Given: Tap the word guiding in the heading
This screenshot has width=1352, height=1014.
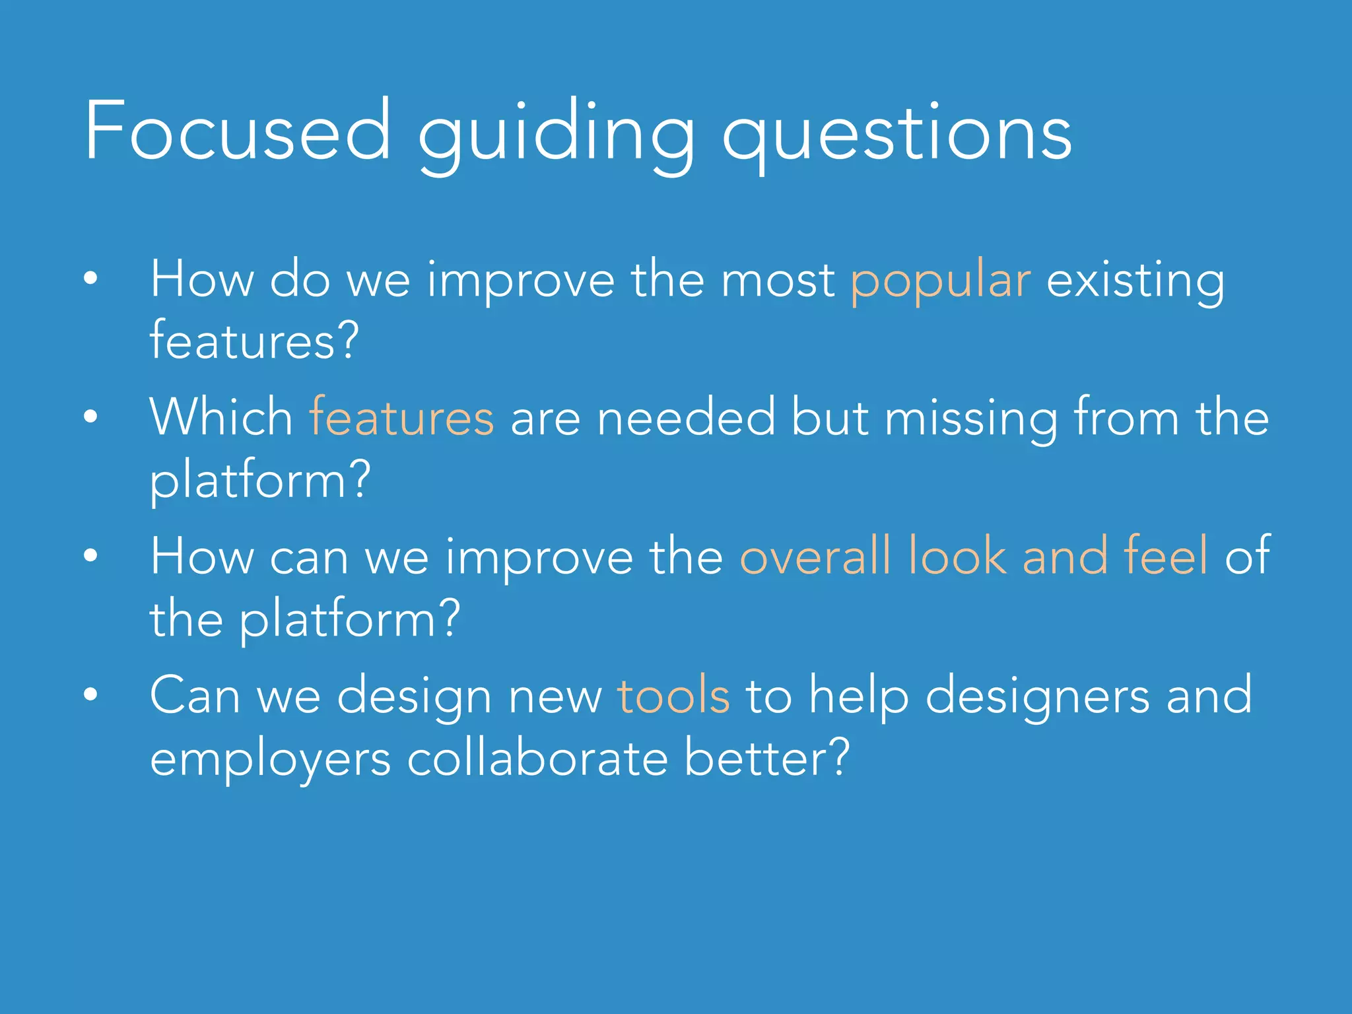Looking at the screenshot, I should (x=556, y=135).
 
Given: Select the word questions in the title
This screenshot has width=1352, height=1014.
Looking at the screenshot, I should (x=896, y=135).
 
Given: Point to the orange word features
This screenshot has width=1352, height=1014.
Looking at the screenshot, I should (x=401, y=418).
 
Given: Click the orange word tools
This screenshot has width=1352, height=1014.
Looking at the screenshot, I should (x=673, y=696).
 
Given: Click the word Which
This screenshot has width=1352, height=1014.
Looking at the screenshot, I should (x=222, y=418).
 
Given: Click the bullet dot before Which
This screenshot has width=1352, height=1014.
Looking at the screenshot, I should (x=90, y=417).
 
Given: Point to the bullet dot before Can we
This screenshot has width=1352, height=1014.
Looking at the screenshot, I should (x=90, y=694).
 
